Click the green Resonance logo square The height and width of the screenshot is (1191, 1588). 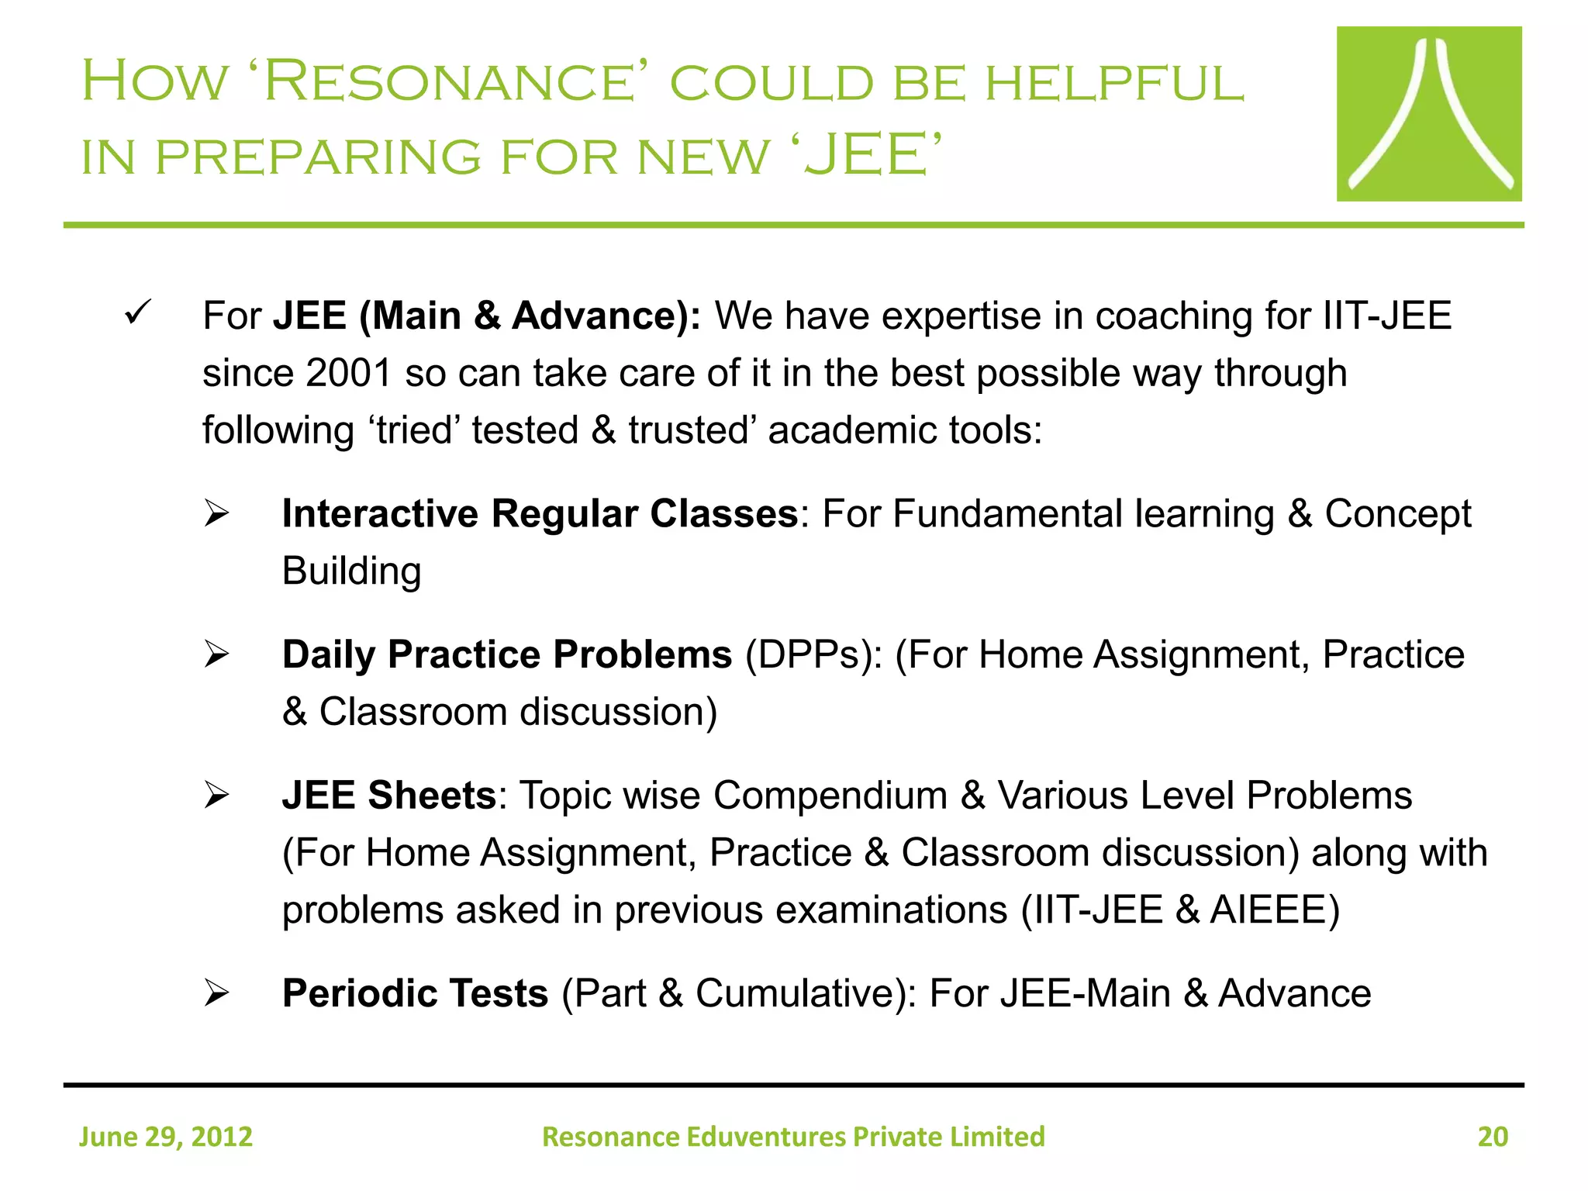(1428, 114)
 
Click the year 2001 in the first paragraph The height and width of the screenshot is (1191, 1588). (348, 374)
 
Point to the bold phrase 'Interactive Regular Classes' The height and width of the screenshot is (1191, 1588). (540, 514)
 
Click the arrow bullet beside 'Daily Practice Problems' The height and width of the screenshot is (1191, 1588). (216, 655)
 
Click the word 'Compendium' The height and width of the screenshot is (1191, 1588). (830, 796)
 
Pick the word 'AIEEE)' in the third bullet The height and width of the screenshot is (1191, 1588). (1275, 910)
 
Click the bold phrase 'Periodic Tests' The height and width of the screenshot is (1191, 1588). (415, 994)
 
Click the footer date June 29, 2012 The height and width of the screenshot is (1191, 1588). (166, 1137)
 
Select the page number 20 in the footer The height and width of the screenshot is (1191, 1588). (1492, 1137)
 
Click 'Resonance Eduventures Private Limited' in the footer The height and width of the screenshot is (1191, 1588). (793, 1137)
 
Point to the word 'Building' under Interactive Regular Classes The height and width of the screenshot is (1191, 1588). (351, 571)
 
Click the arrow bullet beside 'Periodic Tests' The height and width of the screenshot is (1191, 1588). (216, 994)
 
